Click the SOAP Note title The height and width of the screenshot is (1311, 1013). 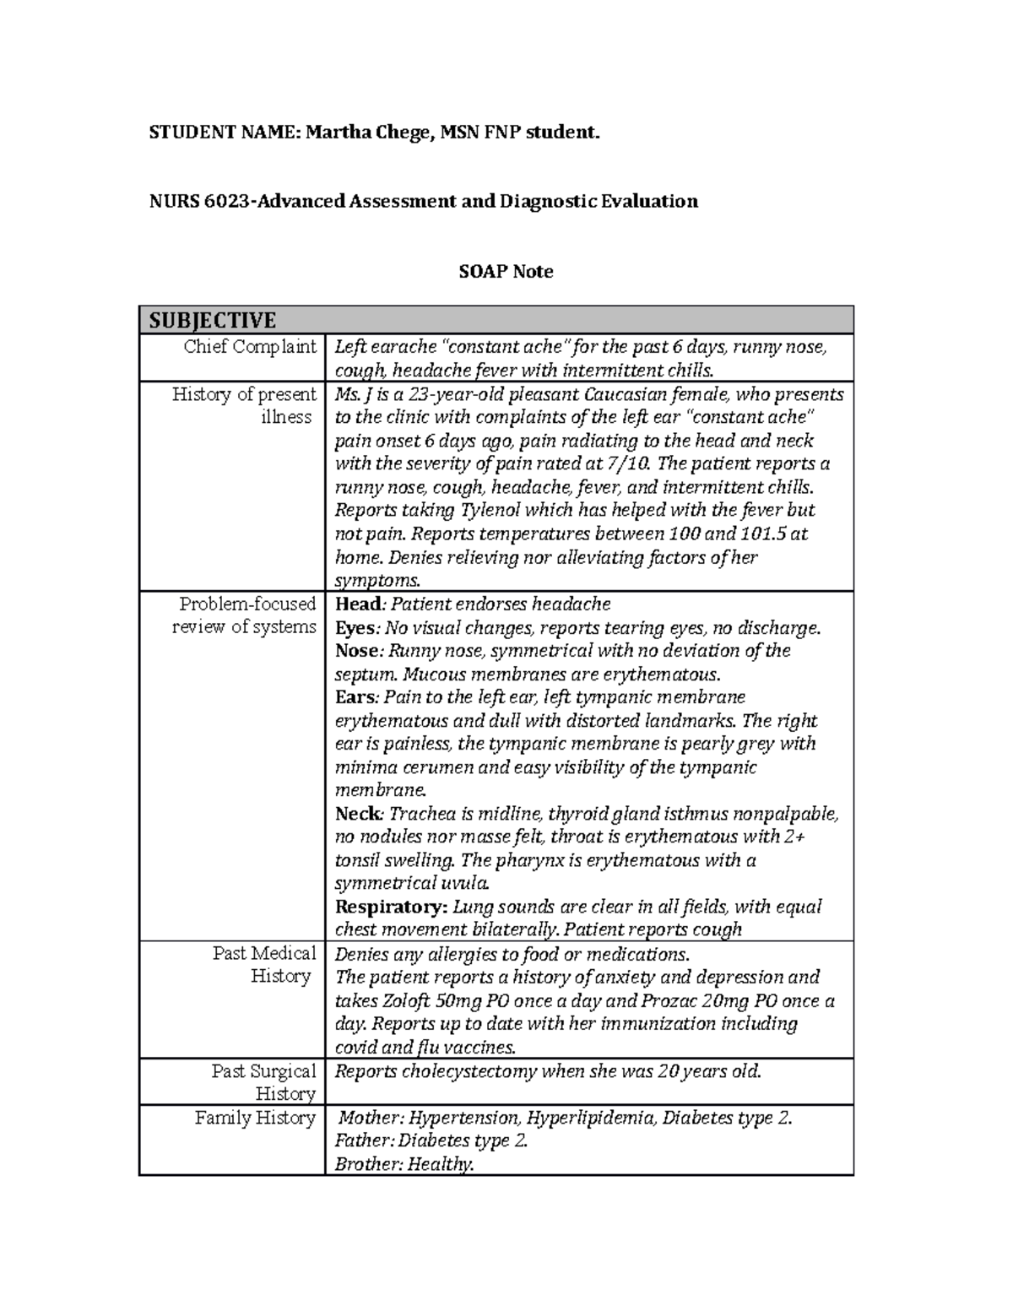pos(506,272)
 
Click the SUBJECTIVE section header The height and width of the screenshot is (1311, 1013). pos(213,320)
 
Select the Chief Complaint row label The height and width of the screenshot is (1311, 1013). pos(250,347)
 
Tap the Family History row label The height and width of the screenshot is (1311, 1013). pos(255,1118)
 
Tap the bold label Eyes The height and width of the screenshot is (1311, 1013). pos(355,628)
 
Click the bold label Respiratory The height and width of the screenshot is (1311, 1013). pos(391,907)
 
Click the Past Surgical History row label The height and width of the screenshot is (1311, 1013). pos(263,1082)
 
